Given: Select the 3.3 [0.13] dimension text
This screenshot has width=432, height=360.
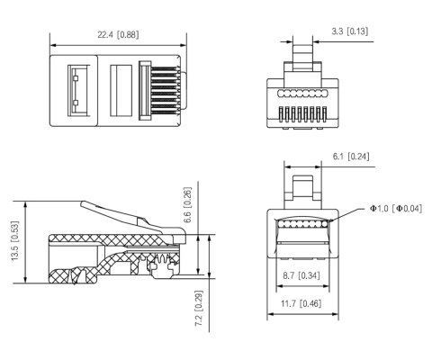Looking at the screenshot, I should (349, 32).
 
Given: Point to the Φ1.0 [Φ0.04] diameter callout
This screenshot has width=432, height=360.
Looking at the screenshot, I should (396, 209).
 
